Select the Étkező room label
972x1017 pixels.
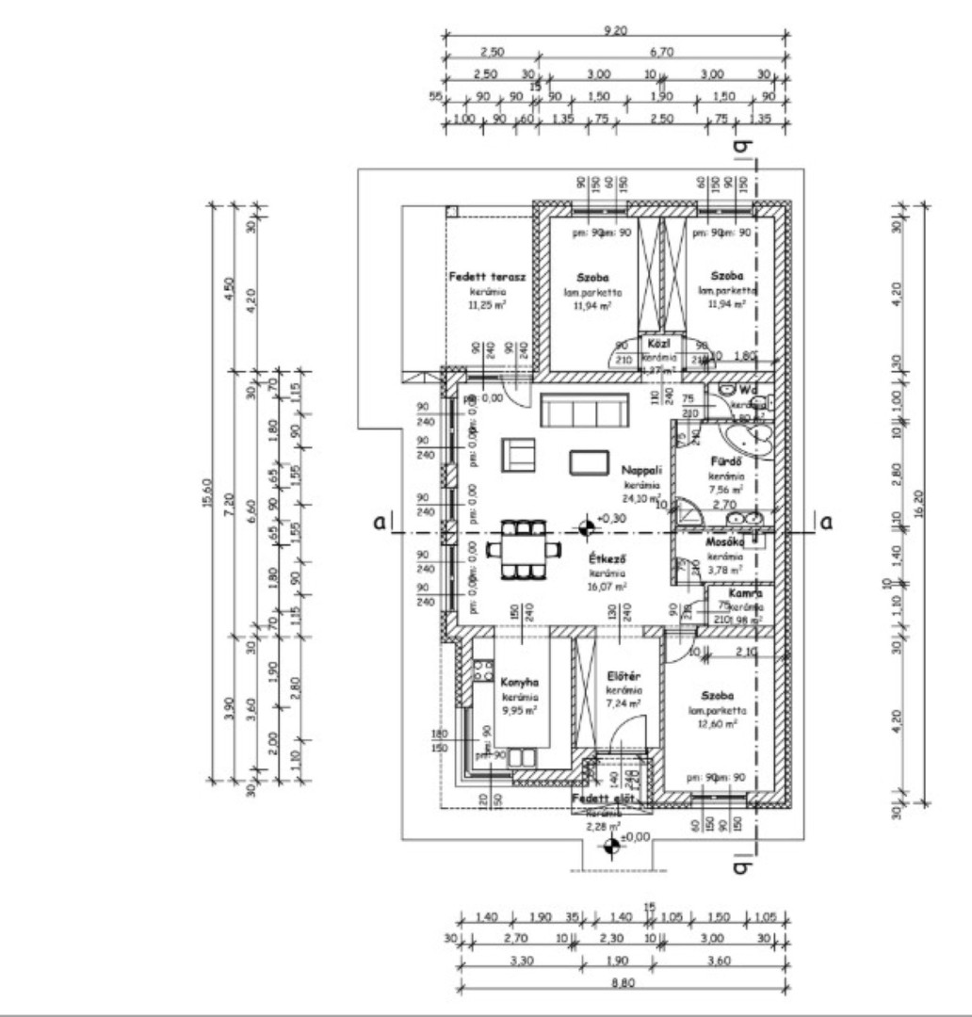click(x=602, y=558)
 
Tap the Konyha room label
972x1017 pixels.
click(x=519, y=684)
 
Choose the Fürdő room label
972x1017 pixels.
click(x=726, y=462)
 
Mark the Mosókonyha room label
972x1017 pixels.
click(x=725, y=542)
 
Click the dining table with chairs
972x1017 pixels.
click(x=516, y=549)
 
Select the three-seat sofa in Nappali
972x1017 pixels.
click(x=584, y=412)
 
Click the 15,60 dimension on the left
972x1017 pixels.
click(x=207, y=491)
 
